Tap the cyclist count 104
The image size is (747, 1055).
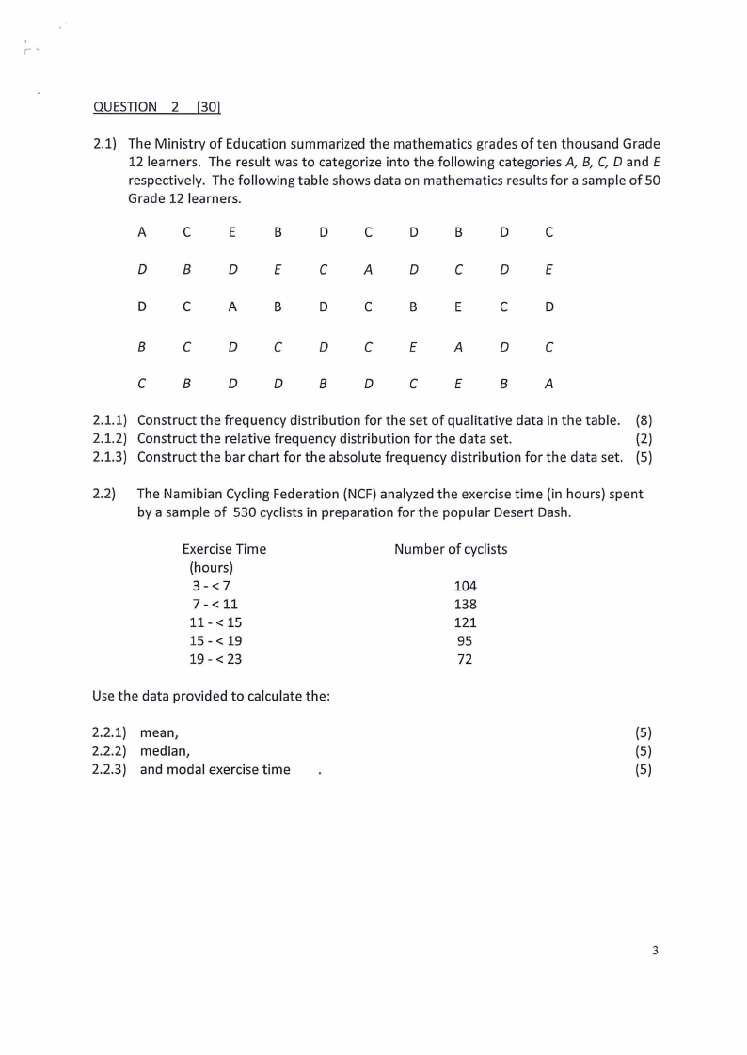(x=465, y=586)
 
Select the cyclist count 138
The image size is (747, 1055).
(x=465, y=604)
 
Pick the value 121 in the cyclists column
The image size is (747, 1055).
(x=465, y=622)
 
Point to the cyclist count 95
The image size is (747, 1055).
(x=465, y=640)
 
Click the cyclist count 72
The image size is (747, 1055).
(x=465, y=659)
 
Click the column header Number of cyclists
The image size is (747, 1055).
(x=451, y=549)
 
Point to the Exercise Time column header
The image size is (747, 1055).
(x=224, y=549)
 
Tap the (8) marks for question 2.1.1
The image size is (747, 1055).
(x=644, y=420)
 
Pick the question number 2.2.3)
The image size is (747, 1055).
(x=111, y=770)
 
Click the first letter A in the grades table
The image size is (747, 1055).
(x=142, y=232)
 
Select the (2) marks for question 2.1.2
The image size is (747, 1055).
(x=644, y=438)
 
